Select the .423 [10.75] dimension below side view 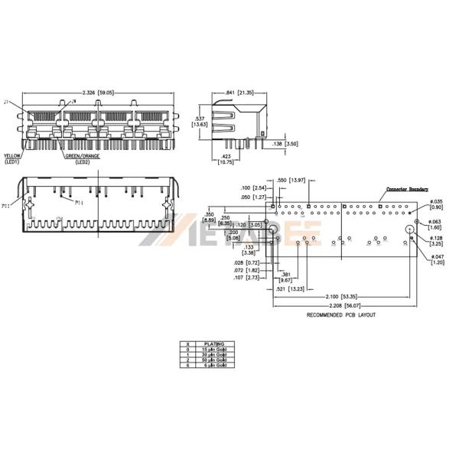pos(226,159)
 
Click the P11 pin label pos(6,206)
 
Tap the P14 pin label pos(79,203)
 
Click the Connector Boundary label pos(406,188)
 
